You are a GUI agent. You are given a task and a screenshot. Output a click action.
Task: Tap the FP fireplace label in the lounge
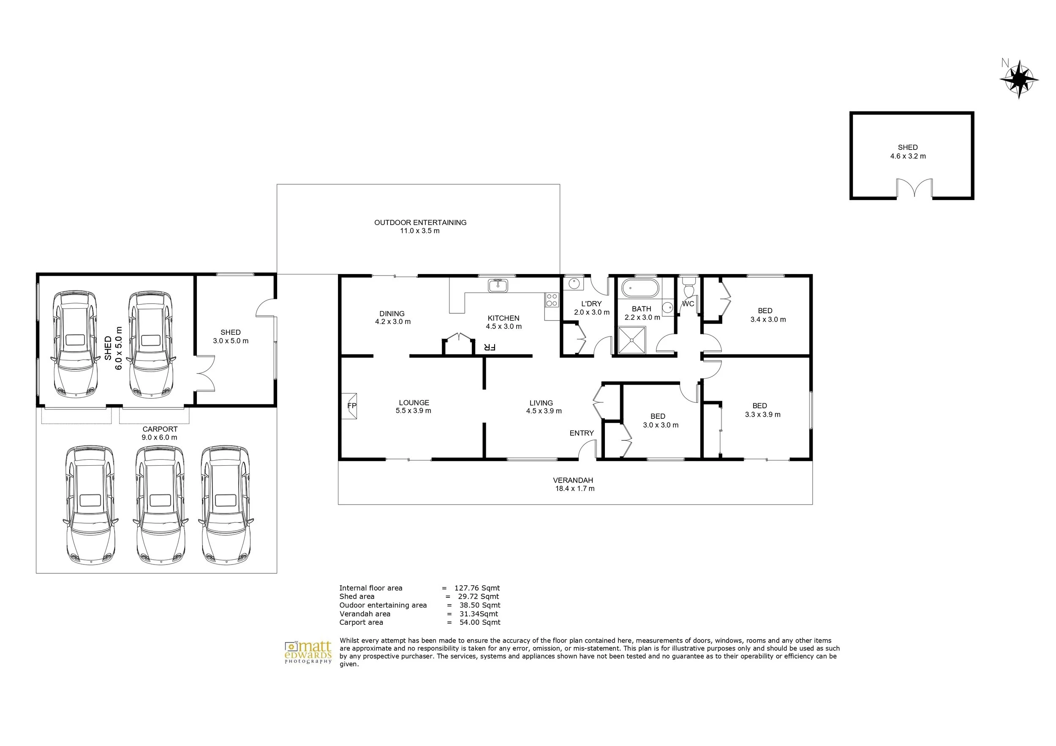pos(351,406)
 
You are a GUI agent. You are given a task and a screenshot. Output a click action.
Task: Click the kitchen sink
pos(498,285)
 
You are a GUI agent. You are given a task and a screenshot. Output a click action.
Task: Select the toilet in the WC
pos(689,288)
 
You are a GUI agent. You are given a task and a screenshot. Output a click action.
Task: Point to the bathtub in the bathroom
pos(640,289)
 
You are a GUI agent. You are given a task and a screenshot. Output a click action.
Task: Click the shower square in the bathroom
pos(631,340)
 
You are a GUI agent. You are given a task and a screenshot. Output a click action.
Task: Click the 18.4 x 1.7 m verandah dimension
pos(574,488)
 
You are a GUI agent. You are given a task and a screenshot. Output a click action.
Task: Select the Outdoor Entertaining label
pos(420,222)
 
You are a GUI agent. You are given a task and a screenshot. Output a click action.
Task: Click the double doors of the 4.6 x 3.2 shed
pos(914,188)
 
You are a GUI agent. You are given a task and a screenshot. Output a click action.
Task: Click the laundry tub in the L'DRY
pos(573,284)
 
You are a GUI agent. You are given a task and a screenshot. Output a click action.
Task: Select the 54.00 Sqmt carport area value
pos(480,622)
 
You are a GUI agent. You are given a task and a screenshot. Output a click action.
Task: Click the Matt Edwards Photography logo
pos(308,652)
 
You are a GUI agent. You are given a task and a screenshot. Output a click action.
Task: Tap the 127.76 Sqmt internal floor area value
pos(477,588)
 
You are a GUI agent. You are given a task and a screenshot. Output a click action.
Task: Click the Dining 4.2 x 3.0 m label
pos(392,317)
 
